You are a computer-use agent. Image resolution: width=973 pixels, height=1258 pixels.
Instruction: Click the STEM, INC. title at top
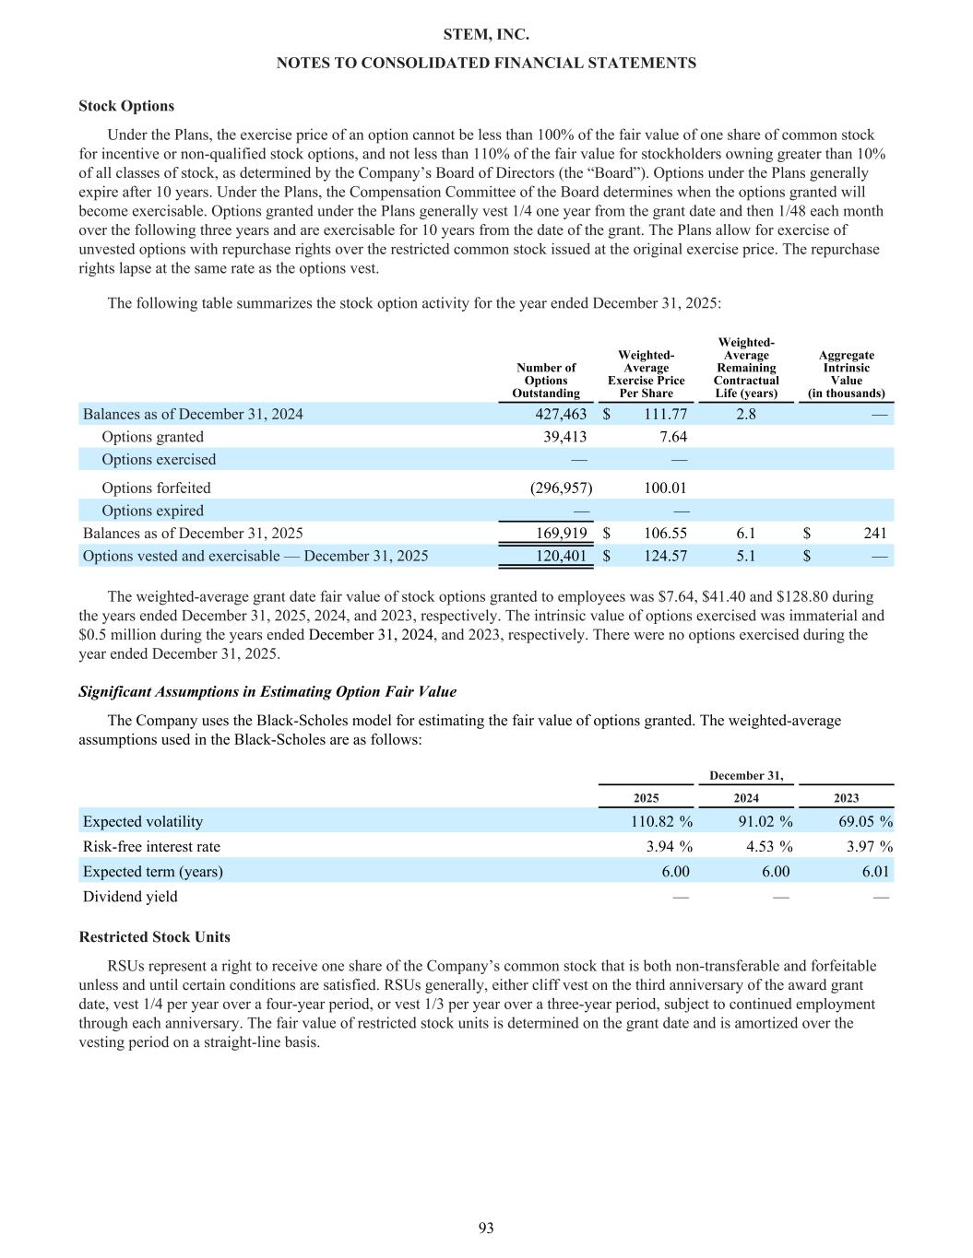(x=486, y=35)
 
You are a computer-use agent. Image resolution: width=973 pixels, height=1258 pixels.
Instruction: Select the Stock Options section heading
(x=126, y=106)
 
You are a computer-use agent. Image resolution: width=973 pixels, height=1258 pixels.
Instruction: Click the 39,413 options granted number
(x=566, y=437)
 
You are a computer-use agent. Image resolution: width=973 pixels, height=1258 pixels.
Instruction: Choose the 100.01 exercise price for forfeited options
(x=665, y=488)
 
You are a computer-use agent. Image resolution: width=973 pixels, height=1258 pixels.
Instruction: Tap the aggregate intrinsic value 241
(x=874, y=533)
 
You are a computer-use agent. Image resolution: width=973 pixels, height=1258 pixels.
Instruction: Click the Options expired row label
(x=152, y=511)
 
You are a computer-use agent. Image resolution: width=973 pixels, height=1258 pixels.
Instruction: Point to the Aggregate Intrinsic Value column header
(x=846, y=374)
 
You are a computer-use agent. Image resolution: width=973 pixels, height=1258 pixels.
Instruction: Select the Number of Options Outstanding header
(x=546, y=381)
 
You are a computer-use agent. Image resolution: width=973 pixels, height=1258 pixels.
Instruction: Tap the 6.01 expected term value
(x=873, y=871)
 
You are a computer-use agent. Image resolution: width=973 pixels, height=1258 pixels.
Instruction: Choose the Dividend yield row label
(x=130, y=896)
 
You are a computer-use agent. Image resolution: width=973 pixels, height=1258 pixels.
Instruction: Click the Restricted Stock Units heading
(x=154, y=936)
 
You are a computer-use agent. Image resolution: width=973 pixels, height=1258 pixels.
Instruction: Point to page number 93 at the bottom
(x=486, y=1228)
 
